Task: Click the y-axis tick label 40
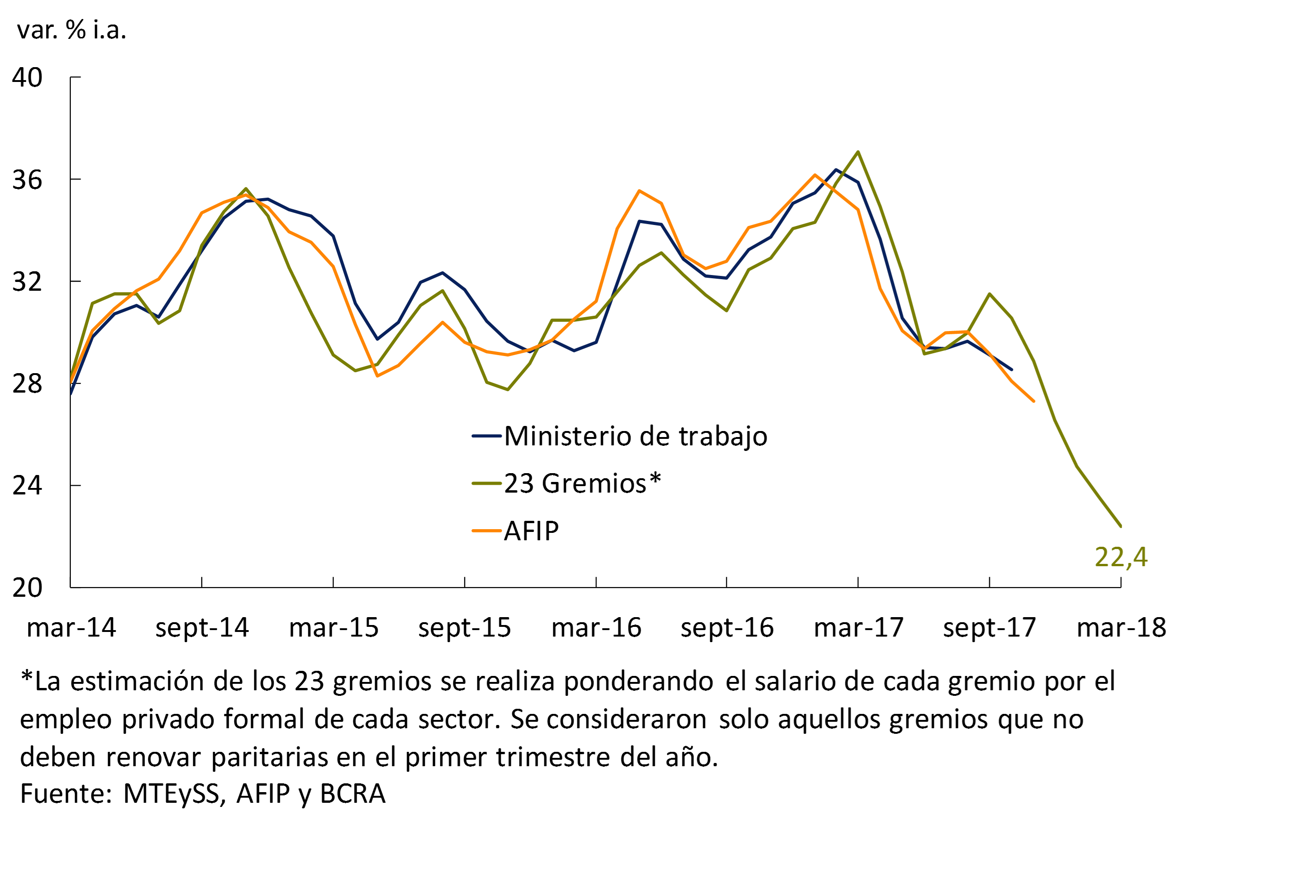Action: [x=27, y=78]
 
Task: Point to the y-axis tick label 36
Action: [x=27, y=180]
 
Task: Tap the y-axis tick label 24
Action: [x=27, y=485]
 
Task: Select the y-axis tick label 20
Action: [x=27, y=587]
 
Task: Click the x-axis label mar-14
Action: [x=71, y=628]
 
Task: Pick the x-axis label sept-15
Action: [x=465, y=628]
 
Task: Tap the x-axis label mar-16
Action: [x=597, y=628]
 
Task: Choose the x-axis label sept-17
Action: [x=989, y=628]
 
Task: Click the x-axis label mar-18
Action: [x=1121, y=628]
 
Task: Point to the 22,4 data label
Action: [x=1121, y=557]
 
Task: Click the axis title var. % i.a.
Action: [x=71, y=30]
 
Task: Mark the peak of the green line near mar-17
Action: [x=858, y=152]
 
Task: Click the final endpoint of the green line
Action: [x=1121, y=525]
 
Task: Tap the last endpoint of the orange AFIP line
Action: [x=1034, y=400]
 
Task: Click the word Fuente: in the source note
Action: [x=66, y=794]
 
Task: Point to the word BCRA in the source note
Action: [x=353, y=794]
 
